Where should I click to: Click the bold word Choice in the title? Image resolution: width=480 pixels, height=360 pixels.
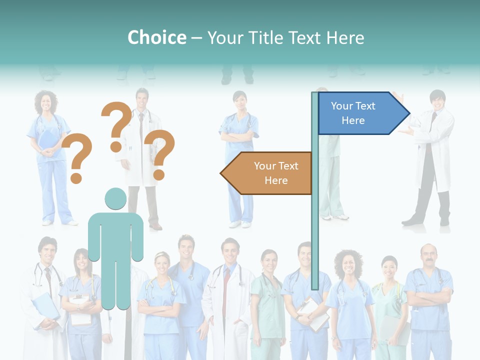click(x=156, y=37)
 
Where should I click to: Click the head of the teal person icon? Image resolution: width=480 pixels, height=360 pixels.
click(x=115, y=199)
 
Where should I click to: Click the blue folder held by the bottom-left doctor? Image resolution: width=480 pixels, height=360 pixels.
click(x=45, y=305)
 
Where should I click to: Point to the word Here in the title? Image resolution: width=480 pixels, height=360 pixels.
click(x=345, y=37)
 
